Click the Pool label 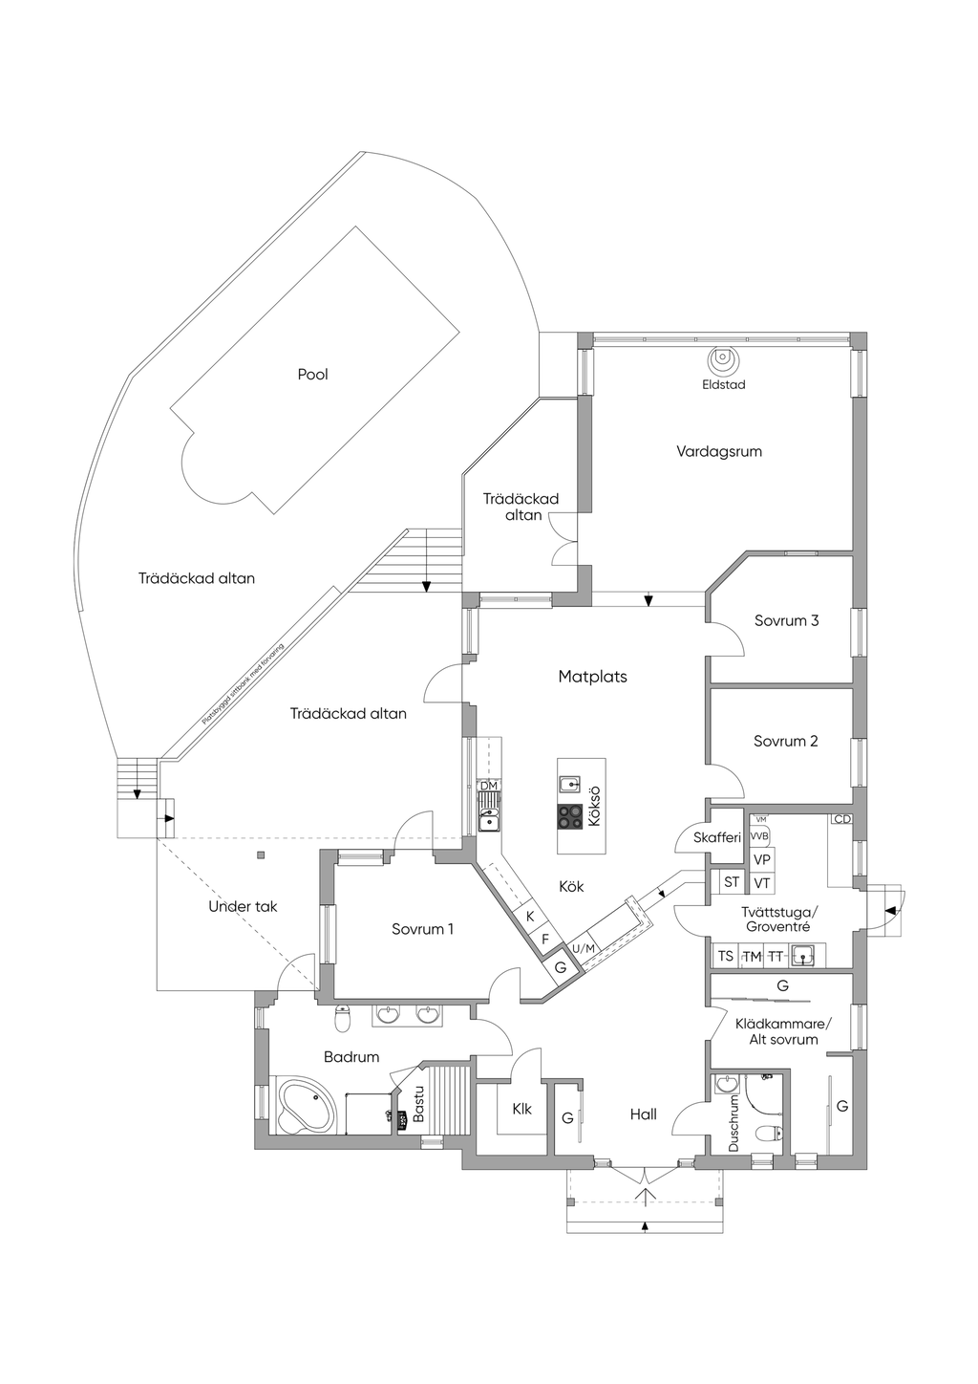pyautogui.click(x=312, y=375)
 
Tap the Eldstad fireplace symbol pyautogui.click(x=723, y=361)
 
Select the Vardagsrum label pyautogui.click(x=719, y=451)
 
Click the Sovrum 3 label pyautogui.click(x=786, y=620)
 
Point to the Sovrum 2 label pyautogui.click(x=785, y=741)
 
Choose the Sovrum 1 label pyautogui.click(x=422, y=929)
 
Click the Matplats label pyautogui.click(x=592, y=677)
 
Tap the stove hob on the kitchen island pyautogui.click(x=570, y=816)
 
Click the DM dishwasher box pyautogui.click(x=489, y=786)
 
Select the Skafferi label pyautogui.click(x=717, y=838)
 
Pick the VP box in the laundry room pyautogui.click(x=761, y=859)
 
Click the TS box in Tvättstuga pyautogui.click(x=726, y=956)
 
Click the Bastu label pyautogui.click(x=417, y=1104)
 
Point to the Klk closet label pyautogui.click(x=521, y=1110)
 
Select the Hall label pyautogui.click(x=643, y=1114)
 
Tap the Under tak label pyautogui.click(x=243, y=906)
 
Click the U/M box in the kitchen pyautogui.click(x=583, y=948)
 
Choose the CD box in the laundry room pyautogui.click(x=841, y=819)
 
